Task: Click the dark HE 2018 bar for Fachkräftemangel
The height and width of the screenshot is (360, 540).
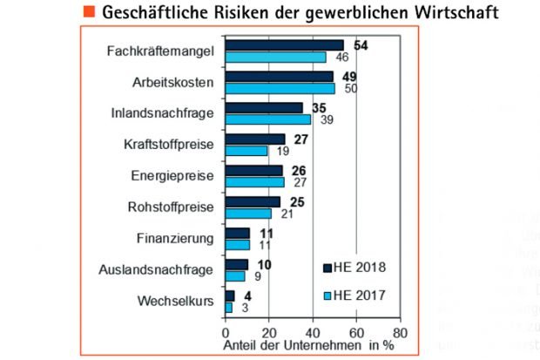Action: (x=284, y=45)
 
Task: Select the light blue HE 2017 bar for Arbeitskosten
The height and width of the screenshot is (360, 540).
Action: (x=280, y=88)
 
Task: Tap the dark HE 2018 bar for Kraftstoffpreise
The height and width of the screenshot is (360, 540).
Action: (x=255, y=139)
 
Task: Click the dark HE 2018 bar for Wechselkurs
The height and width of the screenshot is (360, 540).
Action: (x=230, y=295)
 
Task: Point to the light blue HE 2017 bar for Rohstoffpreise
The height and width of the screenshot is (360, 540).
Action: (x=248, y=214)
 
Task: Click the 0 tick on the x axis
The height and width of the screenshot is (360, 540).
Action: (x=226, y=332)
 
